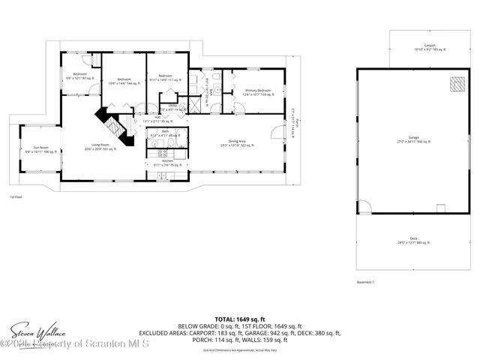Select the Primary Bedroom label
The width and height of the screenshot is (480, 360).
pos(257,91)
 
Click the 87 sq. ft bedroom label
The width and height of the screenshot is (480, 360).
pos(79,76)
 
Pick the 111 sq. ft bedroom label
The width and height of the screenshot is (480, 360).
pos(166,77)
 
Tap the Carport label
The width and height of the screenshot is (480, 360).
pos(429,48)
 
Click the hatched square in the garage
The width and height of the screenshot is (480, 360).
pos(456,84)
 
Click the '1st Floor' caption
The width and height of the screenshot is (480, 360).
pos(16,197)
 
